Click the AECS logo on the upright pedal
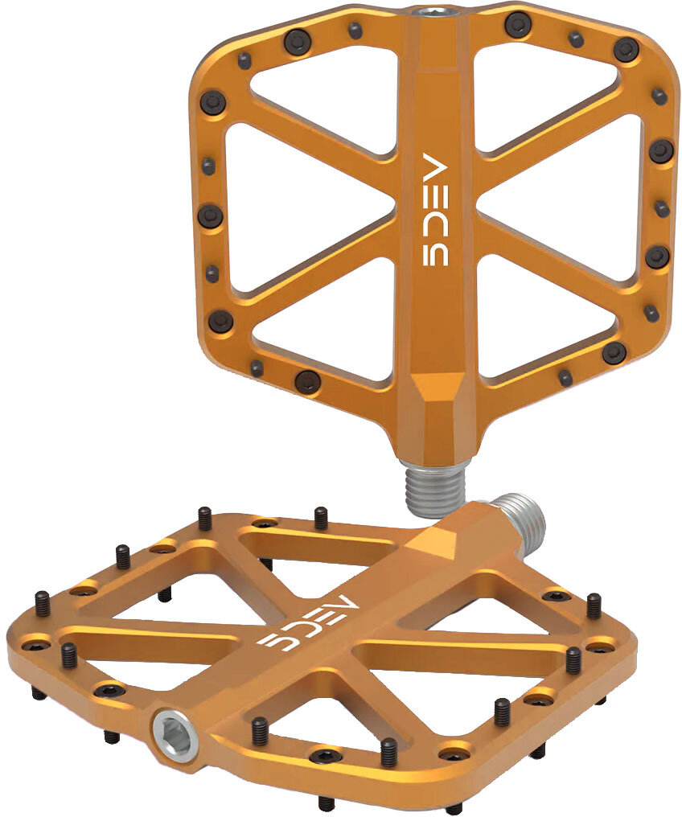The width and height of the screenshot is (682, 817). click(x=434, y=209)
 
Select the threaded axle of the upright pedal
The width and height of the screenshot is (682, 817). click(x=433, y=487)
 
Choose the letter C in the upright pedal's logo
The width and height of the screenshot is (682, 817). click(x=434, y=225)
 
